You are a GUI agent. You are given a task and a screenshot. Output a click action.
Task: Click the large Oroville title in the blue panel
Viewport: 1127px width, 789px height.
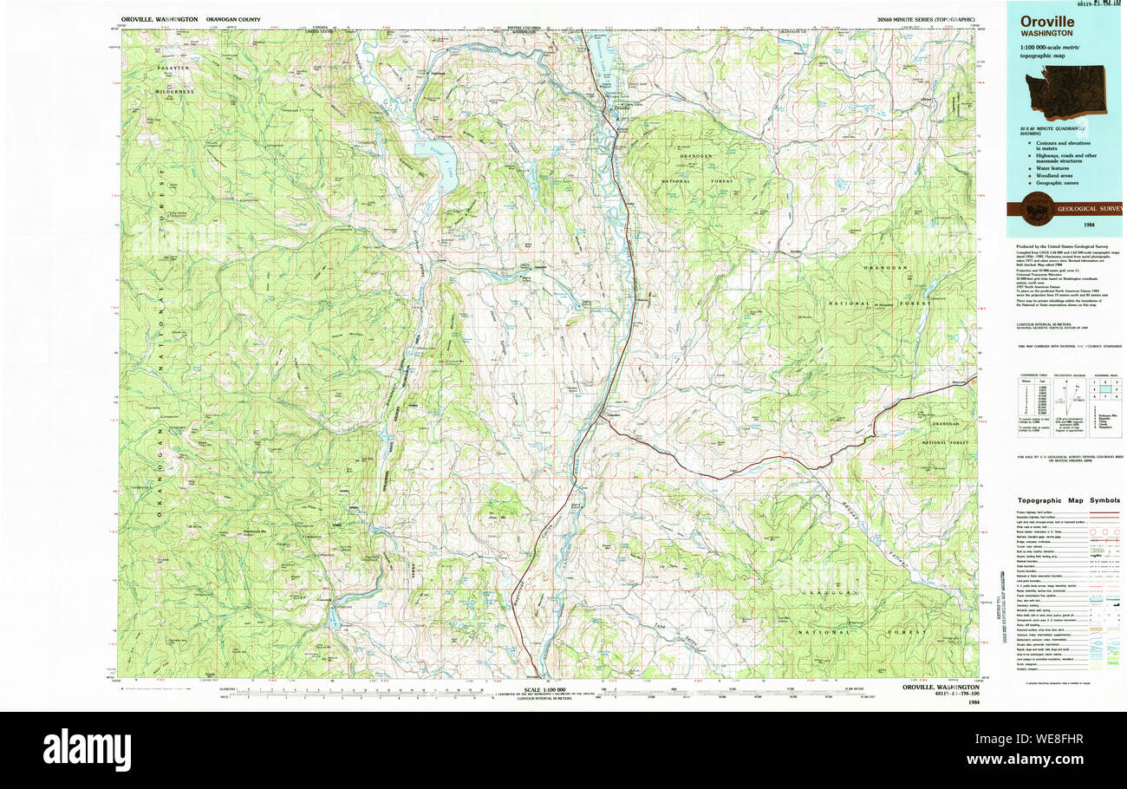tap(1046, 22)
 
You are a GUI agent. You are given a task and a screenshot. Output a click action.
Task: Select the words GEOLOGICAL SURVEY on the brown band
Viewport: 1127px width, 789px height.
tap(1088, 208)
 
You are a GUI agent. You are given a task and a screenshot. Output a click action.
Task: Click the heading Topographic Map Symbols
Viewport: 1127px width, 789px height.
tap(1069, 501)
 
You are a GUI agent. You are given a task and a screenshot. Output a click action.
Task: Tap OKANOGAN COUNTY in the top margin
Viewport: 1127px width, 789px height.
tap(232, 18)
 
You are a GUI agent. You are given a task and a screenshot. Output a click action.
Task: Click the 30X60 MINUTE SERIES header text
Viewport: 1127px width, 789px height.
tap(925, 18)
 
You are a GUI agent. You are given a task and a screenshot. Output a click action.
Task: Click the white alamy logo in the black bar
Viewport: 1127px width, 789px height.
tap(87, 750)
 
